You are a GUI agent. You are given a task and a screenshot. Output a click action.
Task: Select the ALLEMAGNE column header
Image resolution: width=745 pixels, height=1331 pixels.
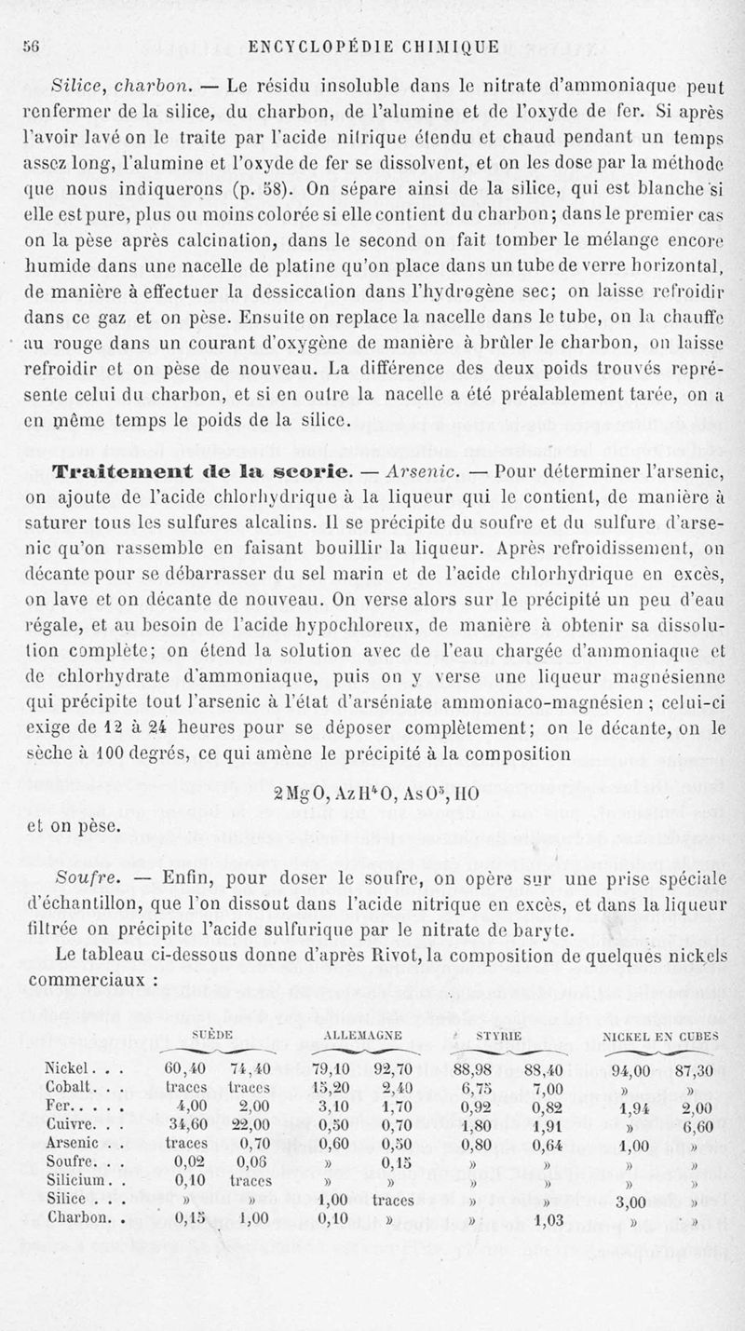coord(361,1035)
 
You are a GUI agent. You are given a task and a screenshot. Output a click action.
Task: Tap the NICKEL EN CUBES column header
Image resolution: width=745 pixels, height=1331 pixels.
coord(661,1035)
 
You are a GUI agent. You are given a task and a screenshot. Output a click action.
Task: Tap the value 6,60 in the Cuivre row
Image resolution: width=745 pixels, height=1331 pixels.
coord(694,1123)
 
